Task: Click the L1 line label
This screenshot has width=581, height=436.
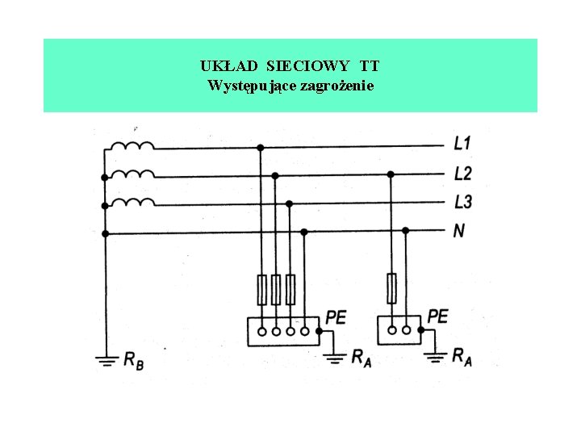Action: point(462,145)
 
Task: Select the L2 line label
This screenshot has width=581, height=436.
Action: point(462,174)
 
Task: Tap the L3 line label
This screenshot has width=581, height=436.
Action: point(462,202)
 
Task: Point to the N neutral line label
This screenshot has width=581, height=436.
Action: point(458,231)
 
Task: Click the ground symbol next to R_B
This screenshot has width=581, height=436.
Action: point(105,359)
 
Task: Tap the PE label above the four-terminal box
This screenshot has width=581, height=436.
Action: point(336,317)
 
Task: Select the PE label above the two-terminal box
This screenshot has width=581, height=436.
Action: point(437,316)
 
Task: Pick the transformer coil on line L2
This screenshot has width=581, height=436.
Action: point(132,174)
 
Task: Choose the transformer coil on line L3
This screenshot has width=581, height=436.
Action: point(132,202)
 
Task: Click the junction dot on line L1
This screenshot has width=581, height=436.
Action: point(260,148)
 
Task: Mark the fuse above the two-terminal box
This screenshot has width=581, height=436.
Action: point(391,288)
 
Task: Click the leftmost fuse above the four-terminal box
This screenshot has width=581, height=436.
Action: point(261,289)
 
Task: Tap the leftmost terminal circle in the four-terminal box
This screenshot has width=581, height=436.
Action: point(261,330)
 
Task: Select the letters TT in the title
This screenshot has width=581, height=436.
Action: point(371,65)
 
